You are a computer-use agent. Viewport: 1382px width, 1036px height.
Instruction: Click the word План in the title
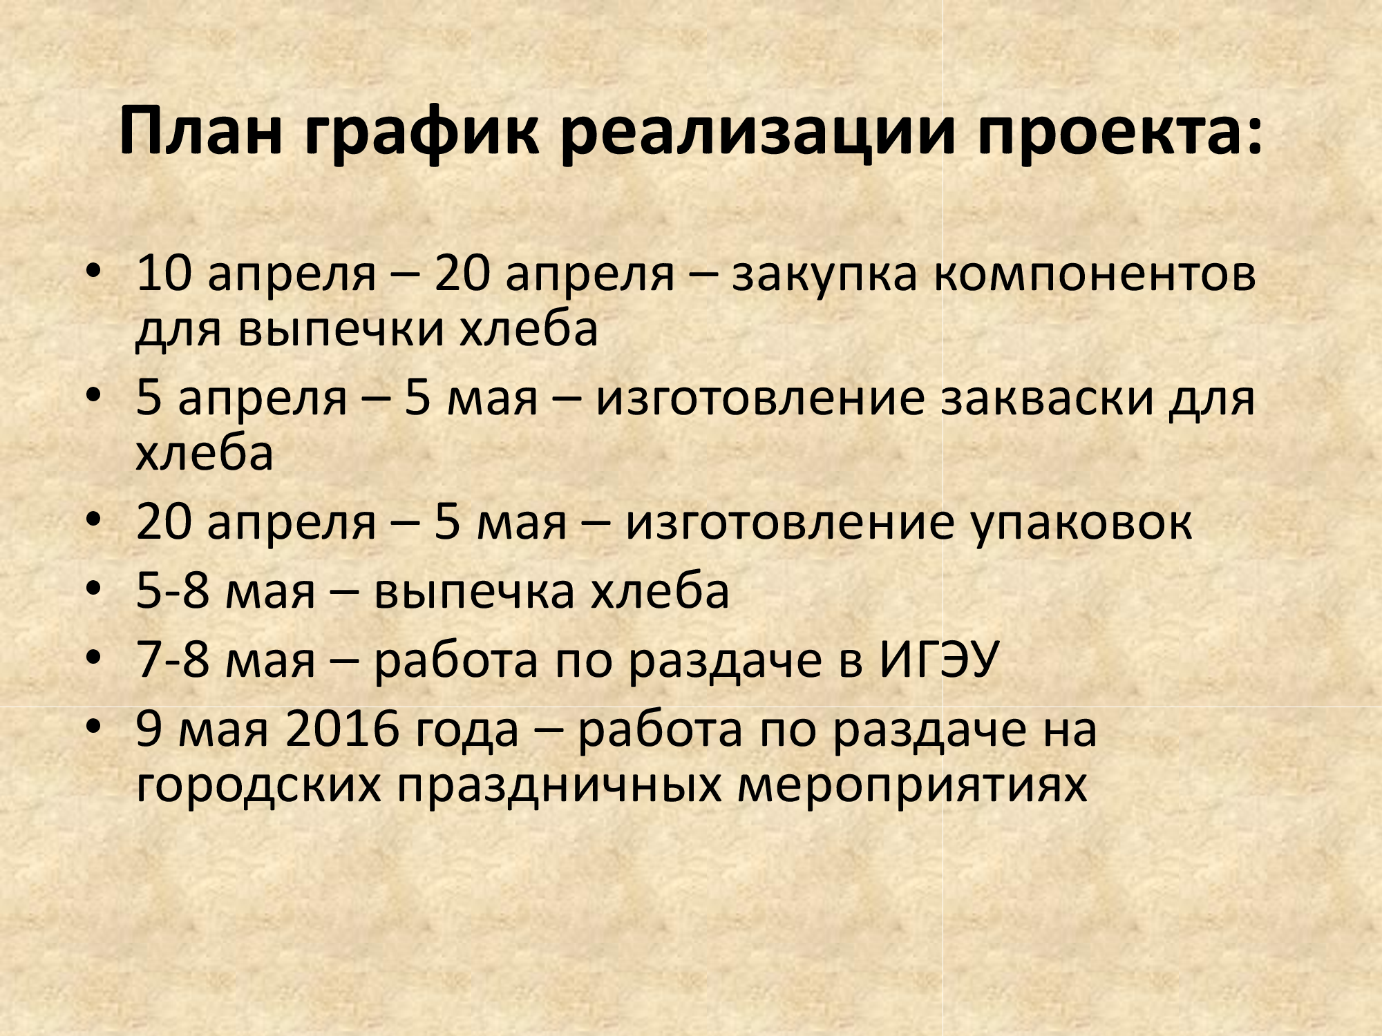201,131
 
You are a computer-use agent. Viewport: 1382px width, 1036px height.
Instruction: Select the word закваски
1047,399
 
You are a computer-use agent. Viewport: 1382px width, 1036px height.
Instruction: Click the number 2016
342,729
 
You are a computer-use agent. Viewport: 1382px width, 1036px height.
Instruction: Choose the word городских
259,785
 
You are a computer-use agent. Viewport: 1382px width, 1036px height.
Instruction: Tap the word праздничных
559,785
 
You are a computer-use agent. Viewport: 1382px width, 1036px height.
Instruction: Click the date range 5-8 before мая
173,591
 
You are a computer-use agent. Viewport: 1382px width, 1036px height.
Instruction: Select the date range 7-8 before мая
173,660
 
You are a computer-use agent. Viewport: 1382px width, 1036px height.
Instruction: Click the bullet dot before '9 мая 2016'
94,726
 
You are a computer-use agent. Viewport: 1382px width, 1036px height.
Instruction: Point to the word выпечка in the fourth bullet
474,593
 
